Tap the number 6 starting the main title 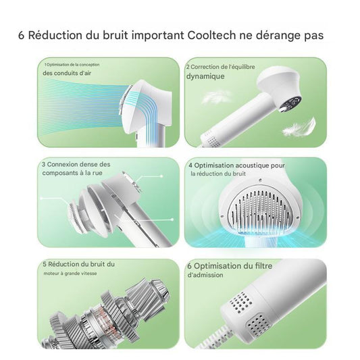[22, 35]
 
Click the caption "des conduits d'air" [68, 73]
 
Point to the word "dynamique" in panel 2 [206, 76]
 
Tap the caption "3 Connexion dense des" [75, 164]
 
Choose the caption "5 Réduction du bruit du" [79, 263]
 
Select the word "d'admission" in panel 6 [203, 276]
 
